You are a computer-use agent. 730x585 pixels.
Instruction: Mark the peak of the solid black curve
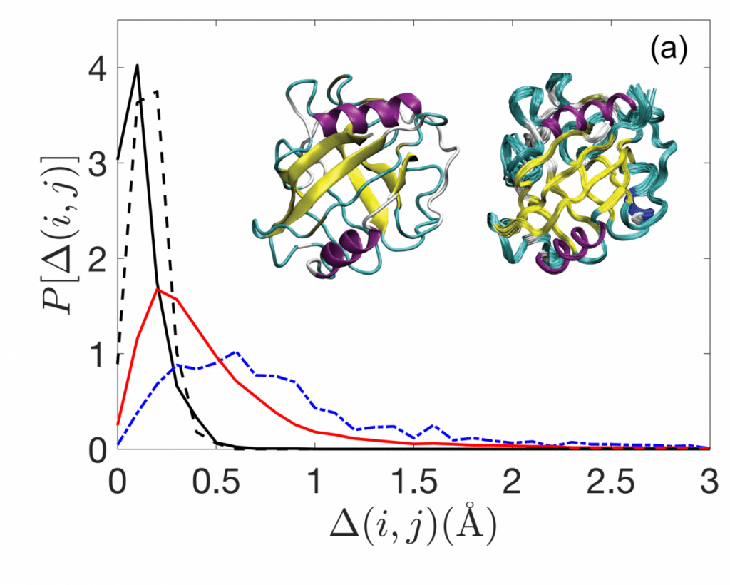(x=137, y=66)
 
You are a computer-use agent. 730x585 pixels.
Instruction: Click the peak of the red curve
(x=158, y=290)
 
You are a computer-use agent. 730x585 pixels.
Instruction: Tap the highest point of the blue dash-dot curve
(x=236, y=352)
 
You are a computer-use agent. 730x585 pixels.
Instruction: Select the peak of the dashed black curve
(x=156, y=91)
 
